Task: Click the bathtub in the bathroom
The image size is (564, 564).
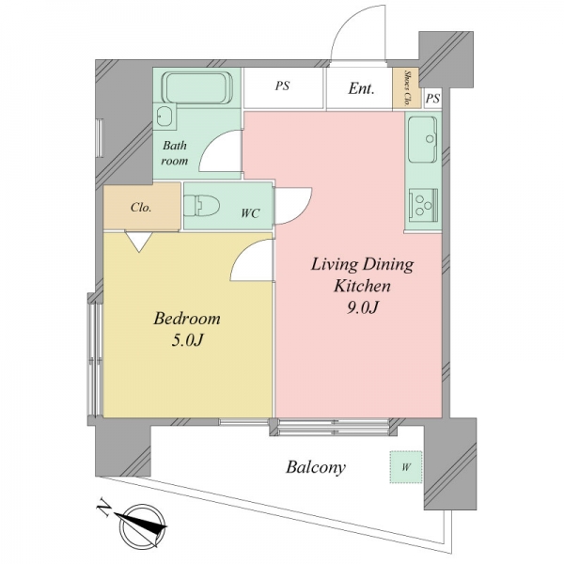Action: [x=197, y=87]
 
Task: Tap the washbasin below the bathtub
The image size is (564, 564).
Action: [x=164, y=117]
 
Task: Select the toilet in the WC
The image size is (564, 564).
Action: [x=201, y=206]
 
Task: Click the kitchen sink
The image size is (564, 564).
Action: [x=423, y=139]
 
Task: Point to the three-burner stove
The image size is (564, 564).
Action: [x=423, y=205]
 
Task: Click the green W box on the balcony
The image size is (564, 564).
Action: [x=406, y=467]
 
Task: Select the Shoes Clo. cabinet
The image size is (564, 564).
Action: [x=406, y=88]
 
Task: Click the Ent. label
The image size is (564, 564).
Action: [x=361, y=88]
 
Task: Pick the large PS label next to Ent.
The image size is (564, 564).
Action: [x=282, y=86]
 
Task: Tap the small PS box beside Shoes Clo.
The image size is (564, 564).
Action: [x=432, y=98]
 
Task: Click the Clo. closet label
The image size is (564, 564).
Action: [x=141, y=207]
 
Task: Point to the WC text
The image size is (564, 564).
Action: [x=250, y=213]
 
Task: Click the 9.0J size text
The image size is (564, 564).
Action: [x=362, y=307]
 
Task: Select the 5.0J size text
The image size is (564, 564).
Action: [x=187, y=340]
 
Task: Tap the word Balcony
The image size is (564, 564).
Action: [x=316, y=467]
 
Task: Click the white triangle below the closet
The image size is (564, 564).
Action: [x=139, y=242]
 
